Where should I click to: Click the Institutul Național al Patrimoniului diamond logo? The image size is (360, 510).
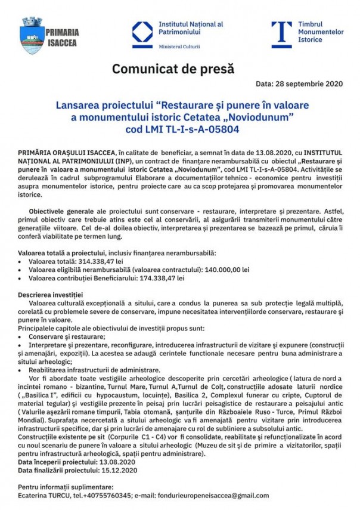click(142, 35)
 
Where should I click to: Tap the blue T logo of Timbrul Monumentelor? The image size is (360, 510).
click(281, 34)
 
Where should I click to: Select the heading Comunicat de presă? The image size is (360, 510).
click(173, 70)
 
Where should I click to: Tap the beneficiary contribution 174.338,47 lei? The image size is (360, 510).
click(162, 278)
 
